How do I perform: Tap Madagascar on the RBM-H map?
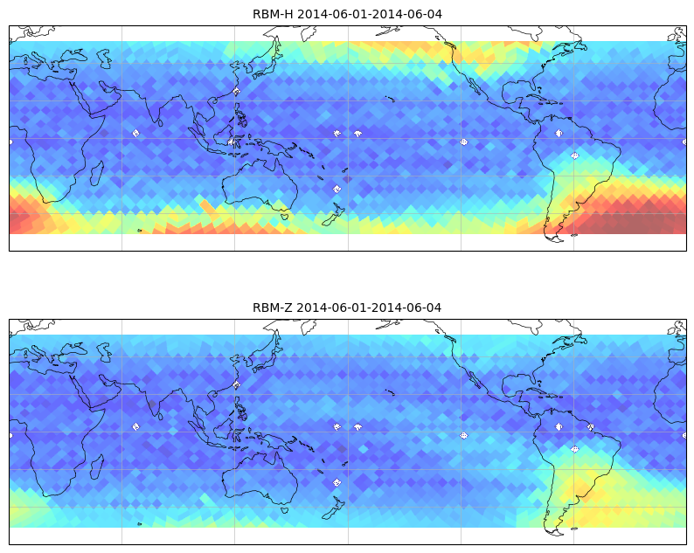[x=97, y=173]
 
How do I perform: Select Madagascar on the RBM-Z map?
[x=97, y=467]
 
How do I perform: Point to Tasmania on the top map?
[x=285, y=216]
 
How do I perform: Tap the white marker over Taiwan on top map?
[x=236, y=92]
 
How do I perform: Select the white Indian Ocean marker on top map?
[x=135, y=133]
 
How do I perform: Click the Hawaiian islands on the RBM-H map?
[x=390, y=99]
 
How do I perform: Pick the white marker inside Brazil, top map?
[x=574, y=156]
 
